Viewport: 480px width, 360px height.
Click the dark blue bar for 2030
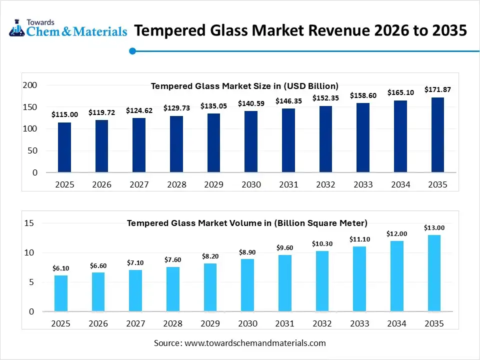point(251,141)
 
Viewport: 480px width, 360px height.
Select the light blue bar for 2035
point(434,273)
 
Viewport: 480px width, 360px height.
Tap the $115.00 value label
point(64,114)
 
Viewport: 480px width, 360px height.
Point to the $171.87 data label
point(437,89)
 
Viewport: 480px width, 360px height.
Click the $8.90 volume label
point(247,252)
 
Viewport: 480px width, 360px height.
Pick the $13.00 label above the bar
point(434,227)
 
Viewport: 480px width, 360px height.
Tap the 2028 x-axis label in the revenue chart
point(176,184)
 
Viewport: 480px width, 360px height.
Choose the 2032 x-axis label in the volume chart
point(321,323)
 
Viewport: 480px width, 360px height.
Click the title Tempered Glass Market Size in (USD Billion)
point(244,86)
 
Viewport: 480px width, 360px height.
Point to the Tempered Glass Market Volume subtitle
point(247,222)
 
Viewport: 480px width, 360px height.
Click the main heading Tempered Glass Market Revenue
point(300,30)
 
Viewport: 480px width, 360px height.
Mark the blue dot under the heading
point(132,50)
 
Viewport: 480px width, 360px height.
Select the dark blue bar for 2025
point(64,147)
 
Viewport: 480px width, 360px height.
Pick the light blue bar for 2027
point(135,290)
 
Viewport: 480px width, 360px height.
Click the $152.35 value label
point(325,98)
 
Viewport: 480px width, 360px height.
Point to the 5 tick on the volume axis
point(31,282)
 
